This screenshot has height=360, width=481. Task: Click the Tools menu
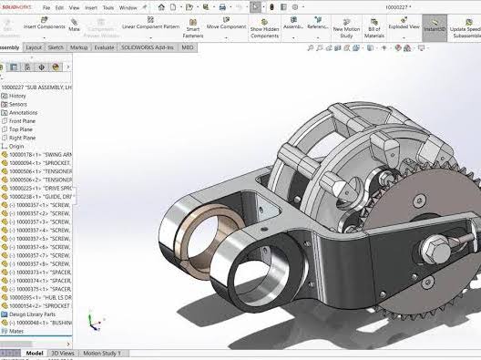point(108,7)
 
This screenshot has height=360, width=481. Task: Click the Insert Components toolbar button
point(43,26)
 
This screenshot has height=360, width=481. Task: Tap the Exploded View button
point(404,26)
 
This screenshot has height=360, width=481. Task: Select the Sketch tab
point(56,46)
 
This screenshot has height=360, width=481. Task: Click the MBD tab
point(188,46)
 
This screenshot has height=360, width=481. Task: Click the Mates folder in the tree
point(18,331)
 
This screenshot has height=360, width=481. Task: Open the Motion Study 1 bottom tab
point(101,353)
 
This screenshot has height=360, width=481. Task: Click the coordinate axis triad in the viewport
point(93,321)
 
